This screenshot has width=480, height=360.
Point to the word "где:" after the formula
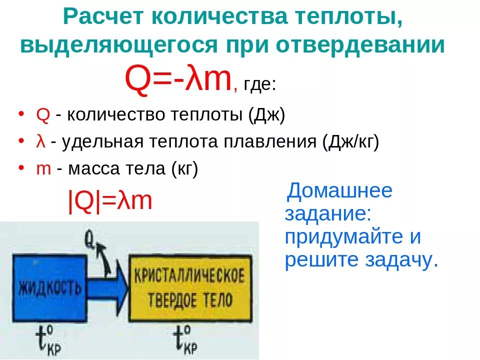coord(259,83)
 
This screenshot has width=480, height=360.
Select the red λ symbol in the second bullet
coord(41,142)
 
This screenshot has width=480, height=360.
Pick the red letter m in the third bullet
coord(44,169)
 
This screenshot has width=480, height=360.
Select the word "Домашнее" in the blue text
coord(340,190)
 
